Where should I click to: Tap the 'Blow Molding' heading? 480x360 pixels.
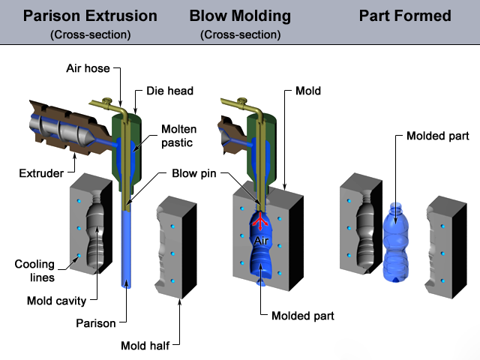click(240, 16)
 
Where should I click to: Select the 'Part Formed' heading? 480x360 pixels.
click(405, 16)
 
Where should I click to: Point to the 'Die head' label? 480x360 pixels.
click(169, 91)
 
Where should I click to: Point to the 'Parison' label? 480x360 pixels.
click(97, 324)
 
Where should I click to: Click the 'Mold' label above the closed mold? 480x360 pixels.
click(308, 91)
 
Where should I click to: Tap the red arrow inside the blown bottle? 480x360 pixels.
click(260, 222)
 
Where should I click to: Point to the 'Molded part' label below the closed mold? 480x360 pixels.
click(302, 316)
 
